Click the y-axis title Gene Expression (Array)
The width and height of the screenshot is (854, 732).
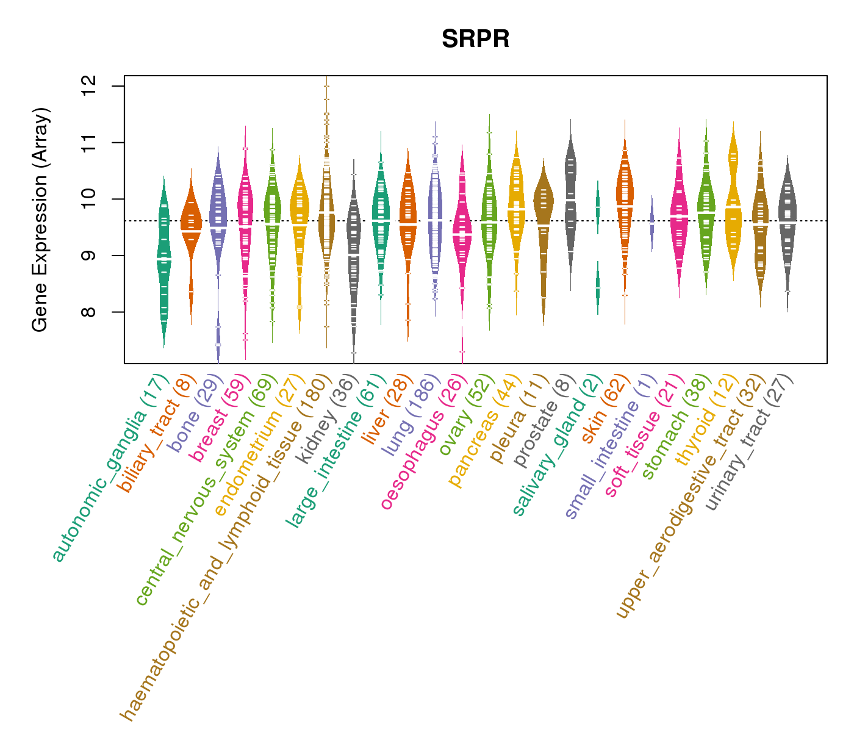(x=40, y=220)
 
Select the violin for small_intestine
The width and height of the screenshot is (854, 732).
(x=651, y=223)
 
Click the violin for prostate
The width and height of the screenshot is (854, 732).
(x=570, y=201)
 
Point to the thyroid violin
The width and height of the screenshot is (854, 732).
(x=733, y=201)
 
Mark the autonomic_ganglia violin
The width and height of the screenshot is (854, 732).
(x=163, y=262)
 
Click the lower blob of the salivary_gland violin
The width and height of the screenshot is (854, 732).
(x=598, y=288)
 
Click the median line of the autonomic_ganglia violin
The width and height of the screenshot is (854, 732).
(x=163, y=259)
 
